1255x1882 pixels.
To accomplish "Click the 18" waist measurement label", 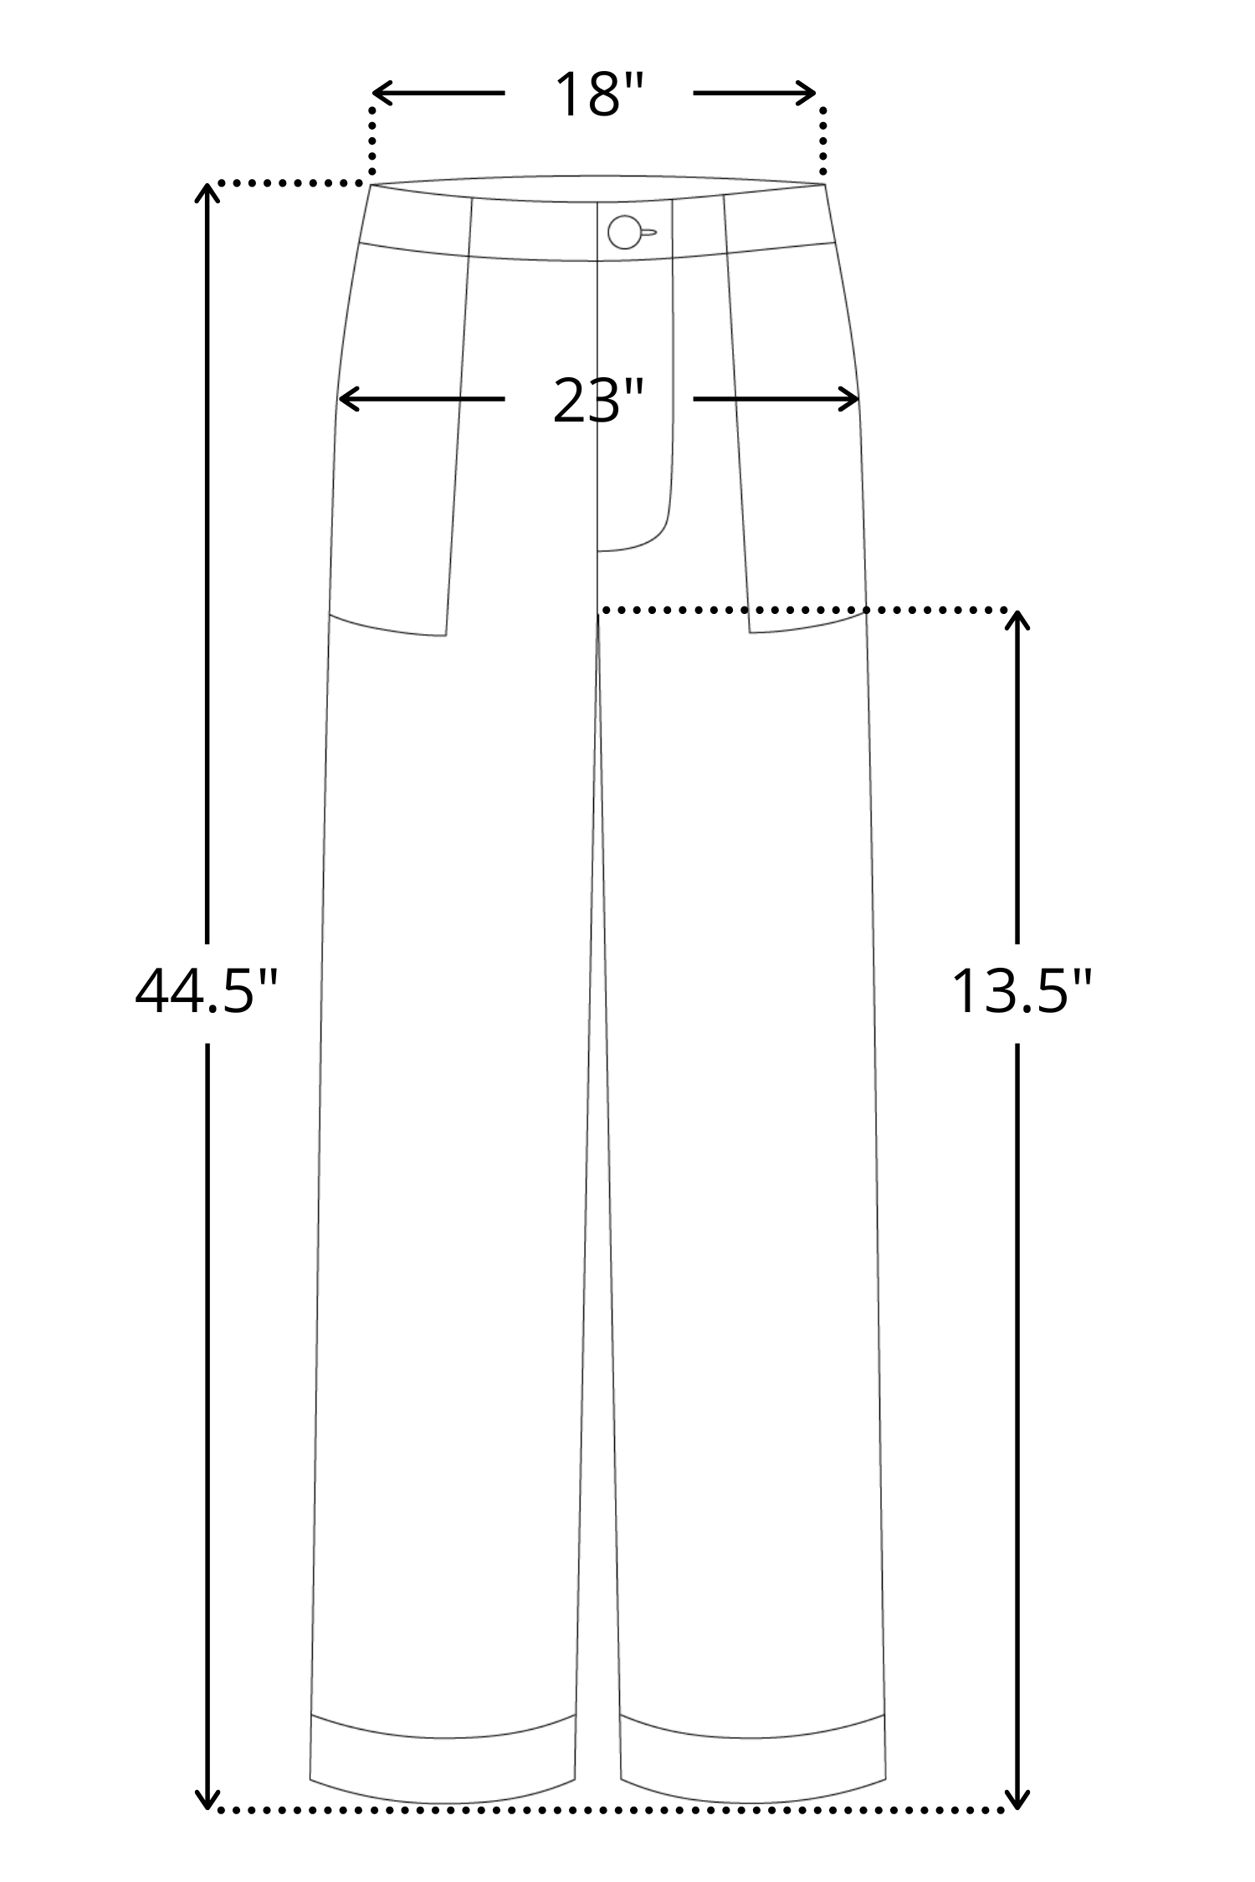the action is (x=599, y=94).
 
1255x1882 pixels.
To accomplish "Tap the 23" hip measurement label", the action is (x=599, y=401).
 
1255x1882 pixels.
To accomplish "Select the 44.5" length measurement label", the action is (x=206, y=991).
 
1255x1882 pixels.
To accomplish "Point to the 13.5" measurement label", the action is (x=1022, y=991).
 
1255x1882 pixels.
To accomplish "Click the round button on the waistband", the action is (x=624, y=232).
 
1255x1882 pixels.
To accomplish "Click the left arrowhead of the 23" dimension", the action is (x=351, y=400).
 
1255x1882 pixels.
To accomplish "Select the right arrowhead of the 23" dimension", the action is (x=847, y=400).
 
